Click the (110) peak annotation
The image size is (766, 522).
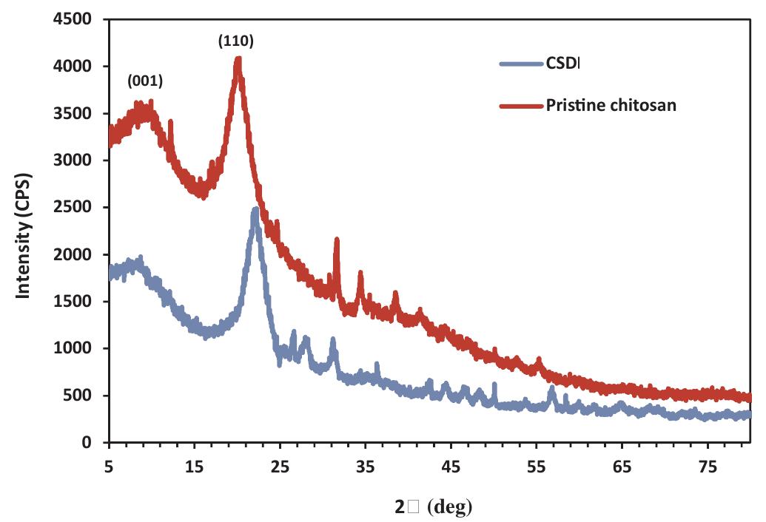[236, 41]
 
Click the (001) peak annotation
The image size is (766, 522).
[145, 81]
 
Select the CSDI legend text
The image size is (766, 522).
[563, 64]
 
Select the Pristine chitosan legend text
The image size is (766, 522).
[611, 105]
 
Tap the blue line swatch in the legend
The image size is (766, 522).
[521, 64]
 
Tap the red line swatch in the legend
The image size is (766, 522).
[521, 106]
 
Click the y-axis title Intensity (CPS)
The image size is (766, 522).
[24, 231]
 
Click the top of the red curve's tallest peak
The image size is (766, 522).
[238, 60]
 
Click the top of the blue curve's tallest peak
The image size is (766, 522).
[255, 210]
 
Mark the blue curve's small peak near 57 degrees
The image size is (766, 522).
[551, 388]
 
